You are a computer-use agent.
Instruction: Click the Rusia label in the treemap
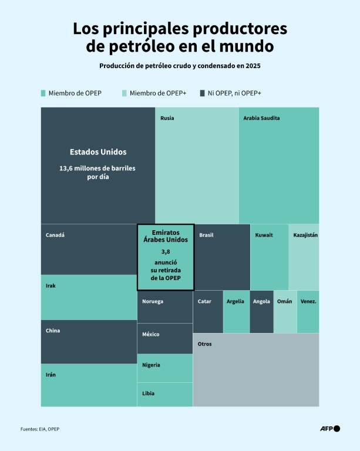coord(167,118)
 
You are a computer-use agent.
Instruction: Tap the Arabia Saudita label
coord(262,118)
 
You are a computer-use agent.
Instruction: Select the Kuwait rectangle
coord(270,257)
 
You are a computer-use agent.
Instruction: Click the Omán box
coord(285,312)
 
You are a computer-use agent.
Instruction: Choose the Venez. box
coord(308,312)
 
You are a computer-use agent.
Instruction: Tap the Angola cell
coord(262,312)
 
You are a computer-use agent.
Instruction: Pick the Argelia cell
coord(236,312)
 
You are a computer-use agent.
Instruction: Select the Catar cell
coord(208,312)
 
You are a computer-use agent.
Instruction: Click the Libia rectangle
coord(165,395)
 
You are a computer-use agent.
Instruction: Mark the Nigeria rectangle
coord(165,368)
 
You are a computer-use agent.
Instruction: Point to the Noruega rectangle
coord(165,307)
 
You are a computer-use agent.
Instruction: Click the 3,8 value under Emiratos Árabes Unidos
coord(165,251)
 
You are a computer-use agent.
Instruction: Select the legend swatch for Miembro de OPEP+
coord(124,93)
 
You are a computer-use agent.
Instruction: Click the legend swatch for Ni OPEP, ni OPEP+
coord(203,93)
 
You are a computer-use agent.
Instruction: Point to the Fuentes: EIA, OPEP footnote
coord(40,429)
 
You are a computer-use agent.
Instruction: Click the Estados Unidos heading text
coord(98,152)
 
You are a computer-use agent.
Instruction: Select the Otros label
coord(205,344)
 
